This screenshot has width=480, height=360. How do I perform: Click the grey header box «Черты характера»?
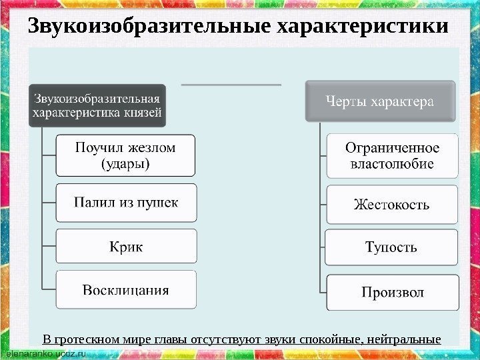tap(379, 101)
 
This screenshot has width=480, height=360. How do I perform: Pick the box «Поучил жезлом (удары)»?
tap(125, 155)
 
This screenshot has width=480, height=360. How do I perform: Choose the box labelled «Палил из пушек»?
tap(125, 202)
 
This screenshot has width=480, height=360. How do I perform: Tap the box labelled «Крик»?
tap(125, 247)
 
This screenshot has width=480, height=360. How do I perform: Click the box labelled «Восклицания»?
tap(125, 290)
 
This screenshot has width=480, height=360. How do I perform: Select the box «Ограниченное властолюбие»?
tap(392, 155)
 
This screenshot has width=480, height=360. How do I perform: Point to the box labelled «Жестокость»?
tap(392, 204)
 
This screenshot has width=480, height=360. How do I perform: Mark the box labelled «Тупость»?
tap(392, 248)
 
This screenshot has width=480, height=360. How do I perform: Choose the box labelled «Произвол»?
tap(392, 291)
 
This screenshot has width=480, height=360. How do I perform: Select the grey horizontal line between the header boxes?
tap(231, 85)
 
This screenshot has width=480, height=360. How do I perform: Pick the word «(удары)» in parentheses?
tap(125, 163)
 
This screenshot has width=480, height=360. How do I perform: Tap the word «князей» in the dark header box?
tap(141, 111)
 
